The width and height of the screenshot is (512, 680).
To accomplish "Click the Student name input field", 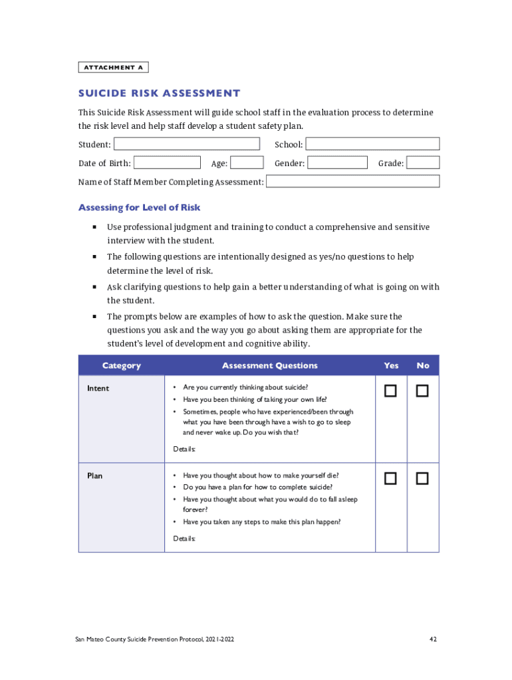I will tap(187, 144).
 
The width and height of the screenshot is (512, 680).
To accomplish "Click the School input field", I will tap(372, 144).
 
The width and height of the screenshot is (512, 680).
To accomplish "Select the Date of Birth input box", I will tap(167, 163).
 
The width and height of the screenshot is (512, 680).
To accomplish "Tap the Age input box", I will tap(247, 163).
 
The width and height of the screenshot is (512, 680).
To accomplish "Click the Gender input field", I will tap(337, 163).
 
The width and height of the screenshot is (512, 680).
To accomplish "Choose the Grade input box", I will tap(423, 163).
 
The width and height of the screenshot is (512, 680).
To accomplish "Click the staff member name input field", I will tap(352, 181).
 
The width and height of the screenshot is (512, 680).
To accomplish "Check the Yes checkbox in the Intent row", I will tap(390, 391).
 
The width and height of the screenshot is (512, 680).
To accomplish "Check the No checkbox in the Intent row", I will tap(422, 391).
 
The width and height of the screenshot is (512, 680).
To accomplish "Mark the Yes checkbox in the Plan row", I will tap(390, 478).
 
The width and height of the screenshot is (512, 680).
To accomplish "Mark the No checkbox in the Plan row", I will tap(422, 478).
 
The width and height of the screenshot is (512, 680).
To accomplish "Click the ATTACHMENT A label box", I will tap(113, 67).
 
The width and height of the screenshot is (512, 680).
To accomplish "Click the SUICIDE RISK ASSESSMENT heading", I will tap(159, 94).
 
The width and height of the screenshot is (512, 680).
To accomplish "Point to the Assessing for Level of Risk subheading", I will tap(139, 208).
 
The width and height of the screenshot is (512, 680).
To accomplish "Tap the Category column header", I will tap(121, 366).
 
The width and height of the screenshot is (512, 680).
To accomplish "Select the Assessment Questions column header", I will tap(269, 366).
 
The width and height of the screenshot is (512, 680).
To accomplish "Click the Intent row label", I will tap(98, 388).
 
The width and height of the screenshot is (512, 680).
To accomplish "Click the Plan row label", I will tap(94, 475).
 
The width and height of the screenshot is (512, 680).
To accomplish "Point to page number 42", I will tap(433, 639).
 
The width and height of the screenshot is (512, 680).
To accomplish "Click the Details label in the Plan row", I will tap(184, 539).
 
